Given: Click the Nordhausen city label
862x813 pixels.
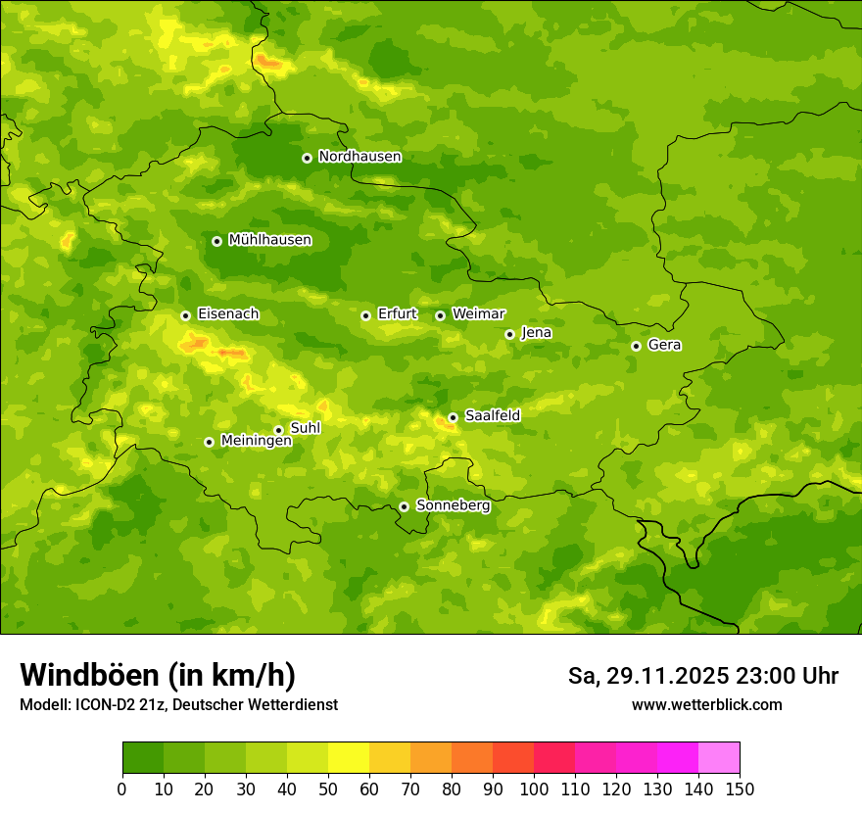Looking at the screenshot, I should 359,157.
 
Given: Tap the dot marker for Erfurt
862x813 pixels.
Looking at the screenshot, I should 365,315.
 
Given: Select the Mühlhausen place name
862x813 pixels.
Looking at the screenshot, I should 269,240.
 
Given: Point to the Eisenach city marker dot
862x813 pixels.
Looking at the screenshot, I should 185,315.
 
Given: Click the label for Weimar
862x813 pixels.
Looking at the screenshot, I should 478,314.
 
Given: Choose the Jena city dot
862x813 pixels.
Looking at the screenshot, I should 509,334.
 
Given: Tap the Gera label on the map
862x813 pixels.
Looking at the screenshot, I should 664,345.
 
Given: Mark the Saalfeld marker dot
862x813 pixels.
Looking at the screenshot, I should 453,417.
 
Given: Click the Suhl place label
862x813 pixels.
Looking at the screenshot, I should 305,428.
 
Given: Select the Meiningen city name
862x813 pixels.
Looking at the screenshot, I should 256,441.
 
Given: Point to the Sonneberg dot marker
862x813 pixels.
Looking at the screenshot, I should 404,506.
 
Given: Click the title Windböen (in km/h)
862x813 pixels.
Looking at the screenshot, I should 157,675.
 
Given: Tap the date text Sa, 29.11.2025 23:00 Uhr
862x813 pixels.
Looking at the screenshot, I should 702,676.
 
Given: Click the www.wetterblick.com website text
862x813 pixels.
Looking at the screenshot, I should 706,704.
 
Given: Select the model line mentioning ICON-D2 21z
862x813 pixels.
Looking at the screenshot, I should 178,704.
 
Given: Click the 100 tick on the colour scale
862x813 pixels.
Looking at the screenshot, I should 534,789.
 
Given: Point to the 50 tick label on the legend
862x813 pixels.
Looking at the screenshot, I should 328,789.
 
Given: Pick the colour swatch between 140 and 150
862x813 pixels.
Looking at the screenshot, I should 719,758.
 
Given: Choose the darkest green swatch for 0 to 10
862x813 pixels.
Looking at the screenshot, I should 143,758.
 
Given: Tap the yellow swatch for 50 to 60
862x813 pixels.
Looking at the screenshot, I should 349,758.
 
